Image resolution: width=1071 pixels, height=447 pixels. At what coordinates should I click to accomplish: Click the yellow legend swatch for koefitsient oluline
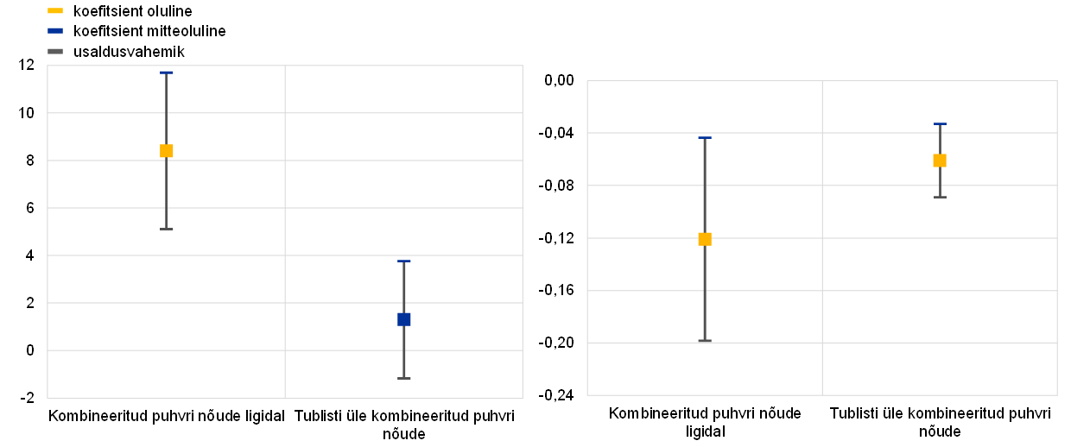[55, 10]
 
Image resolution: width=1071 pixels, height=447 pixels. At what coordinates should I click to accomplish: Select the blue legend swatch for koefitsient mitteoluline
[55, 31]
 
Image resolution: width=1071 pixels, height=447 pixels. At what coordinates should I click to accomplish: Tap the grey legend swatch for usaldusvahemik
[55, 52]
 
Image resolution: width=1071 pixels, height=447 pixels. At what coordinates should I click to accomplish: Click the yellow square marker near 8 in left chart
[166, 151]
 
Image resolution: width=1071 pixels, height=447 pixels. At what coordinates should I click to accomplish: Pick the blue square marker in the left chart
[404, 319]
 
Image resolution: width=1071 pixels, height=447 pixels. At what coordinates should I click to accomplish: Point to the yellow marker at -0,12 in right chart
[706, 239]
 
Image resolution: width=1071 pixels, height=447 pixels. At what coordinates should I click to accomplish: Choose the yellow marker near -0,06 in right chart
[940, 161]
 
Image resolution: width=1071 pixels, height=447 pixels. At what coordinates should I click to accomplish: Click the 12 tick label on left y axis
[26, 65]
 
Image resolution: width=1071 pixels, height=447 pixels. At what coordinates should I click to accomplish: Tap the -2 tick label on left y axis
[28, 398]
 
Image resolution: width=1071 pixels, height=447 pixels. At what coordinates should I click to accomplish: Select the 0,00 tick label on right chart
[559, 80]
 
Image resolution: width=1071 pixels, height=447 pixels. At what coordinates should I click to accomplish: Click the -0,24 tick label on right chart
[556, 395]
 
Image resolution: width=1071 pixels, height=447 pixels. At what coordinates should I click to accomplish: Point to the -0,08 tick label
[556, 186]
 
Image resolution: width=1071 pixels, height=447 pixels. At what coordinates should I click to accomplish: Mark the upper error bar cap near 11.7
[166, 72]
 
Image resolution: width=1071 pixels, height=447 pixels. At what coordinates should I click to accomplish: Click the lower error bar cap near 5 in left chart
[166, 230]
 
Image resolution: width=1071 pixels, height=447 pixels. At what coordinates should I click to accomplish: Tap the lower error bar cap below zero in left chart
[404, 378]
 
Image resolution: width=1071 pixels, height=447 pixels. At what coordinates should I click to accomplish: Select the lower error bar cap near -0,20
[706, 341]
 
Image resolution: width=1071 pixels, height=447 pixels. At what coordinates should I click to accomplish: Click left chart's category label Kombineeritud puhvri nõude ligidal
[167, 417]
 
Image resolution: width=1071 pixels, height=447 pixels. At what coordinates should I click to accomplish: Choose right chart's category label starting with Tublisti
[940, 422]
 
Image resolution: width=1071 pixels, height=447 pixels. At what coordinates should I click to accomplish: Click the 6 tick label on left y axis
[30, 208]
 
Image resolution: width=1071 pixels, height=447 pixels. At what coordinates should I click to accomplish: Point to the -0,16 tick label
[556, 290]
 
